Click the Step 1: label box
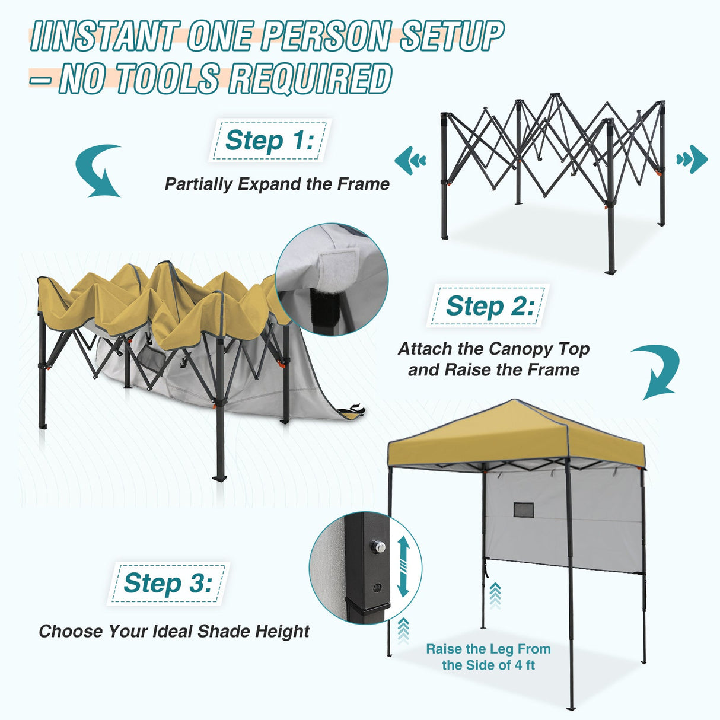(x=269, y=141)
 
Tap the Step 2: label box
(x=489, y=306)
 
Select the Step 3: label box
(x=167, y=583)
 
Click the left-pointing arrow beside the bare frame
(x=410, y=160)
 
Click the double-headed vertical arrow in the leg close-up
(x=403, y=566)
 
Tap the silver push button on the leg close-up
(x=377, y=545)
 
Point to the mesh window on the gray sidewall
(x=523, y=509)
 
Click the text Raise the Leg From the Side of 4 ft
(x=488, y=657)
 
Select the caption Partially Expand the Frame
(x=277, y=184)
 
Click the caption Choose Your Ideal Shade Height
(x=174, y=631)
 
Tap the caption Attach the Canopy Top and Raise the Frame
(x=493, y=359)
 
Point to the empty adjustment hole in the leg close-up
(x=377, y=588)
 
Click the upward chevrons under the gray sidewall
(x=495, y=595)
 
